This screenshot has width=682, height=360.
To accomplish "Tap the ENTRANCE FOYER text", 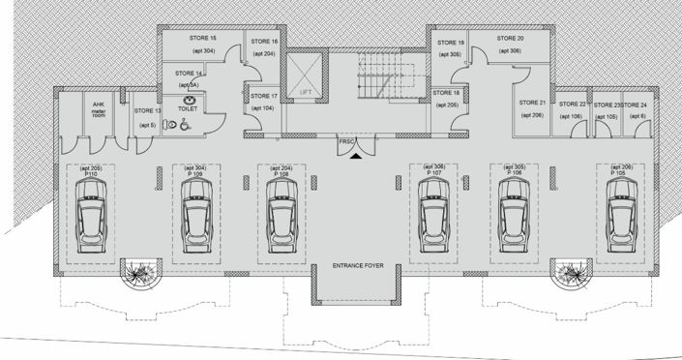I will point(359,265).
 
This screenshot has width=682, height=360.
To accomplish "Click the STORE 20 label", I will point(510,38).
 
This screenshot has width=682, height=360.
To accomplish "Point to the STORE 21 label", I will point(531,103).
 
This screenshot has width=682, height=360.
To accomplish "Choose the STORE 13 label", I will point(147,111).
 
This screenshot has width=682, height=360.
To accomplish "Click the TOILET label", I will point(188,111).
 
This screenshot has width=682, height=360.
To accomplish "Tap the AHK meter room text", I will point(98,106).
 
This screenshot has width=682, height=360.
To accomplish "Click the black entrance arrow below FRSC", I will point(357,152).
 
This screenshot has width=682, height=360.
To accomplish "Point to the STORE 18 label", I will point(447,92).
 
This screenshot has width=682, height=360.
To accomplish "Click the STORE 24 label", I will point(634,104).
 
